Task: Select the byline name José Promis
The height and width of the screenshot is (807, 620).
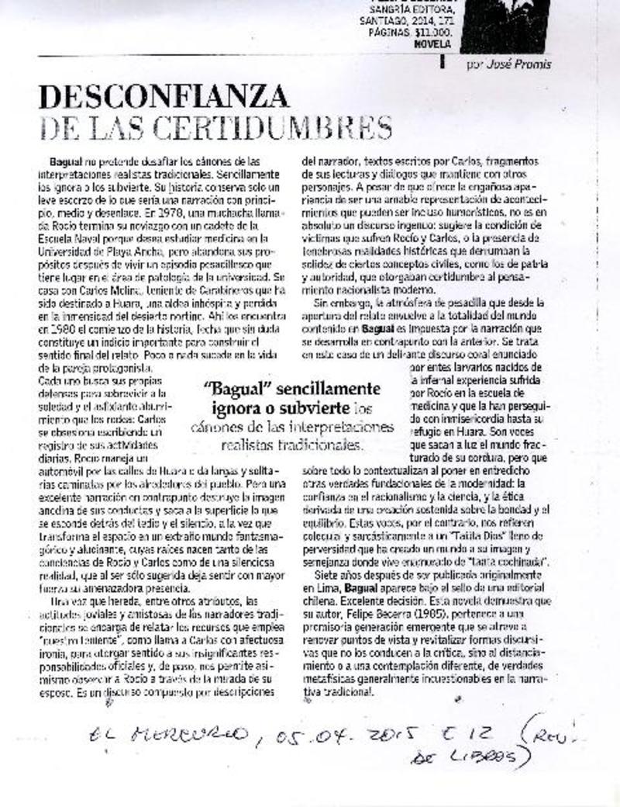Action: click(521, 64)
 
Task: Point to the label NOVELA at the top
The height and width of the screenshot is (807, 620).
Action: click(427, 44)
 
